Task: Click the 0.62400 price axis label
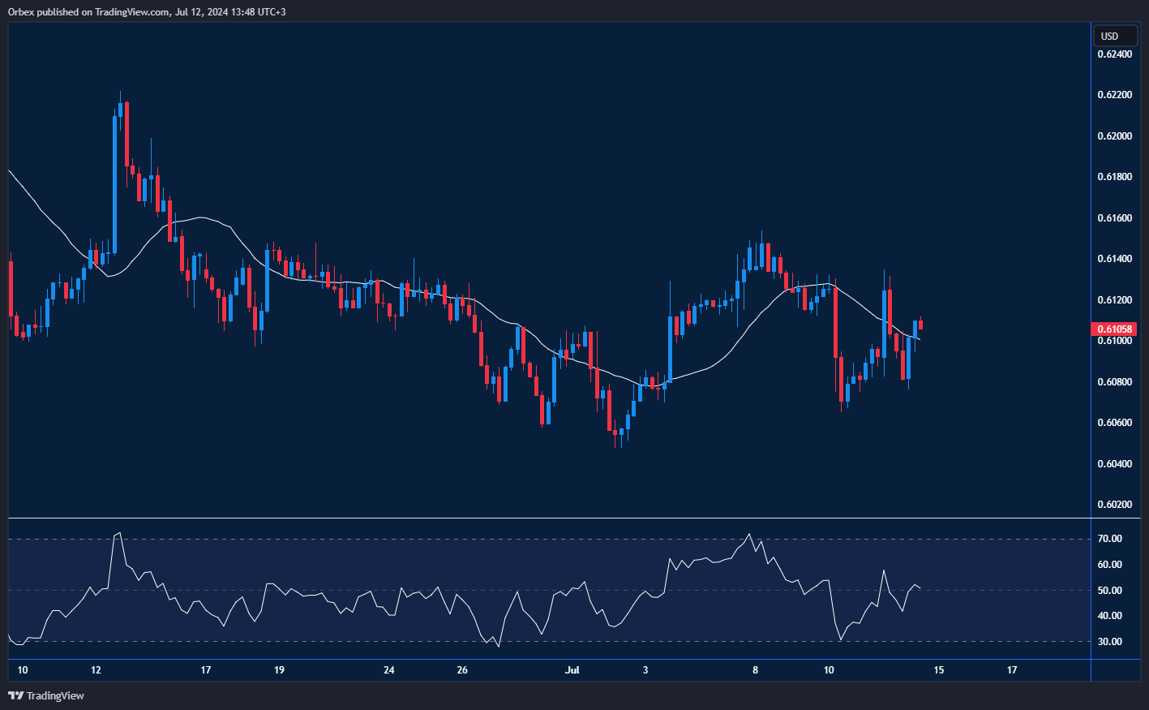(x=1115, y=54)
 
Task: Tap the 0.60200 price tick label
(x=1115, y=505)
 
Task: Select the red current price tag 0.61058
(x=1116, y=329)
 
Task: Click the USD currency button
(x=1109, y=36)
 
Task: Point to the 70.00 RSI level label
(x=1110, y=539)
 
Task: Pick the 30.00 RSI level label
(x=1110, y=642)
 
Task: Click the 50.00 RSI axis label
(x=1110, y=591)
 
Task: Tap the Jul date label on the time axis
(x=572, y=670)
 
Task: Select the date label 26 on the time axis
(x=462, y=670)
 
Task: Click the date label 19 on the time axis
(x=279, y=670)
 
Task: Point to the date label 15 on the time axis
(x=939, y=670)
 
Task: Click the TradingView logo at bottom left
(x=46, y=695)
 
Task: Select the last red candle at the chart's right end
(x=920, y=325)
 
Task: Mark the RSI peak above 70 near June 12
(x=119, y=533)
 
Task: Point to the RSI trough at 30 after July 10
(x=840, y=640)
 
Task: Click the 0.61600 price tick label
(x=1115, y=218)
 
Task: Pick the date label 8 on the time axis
(x=756, y=670)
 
